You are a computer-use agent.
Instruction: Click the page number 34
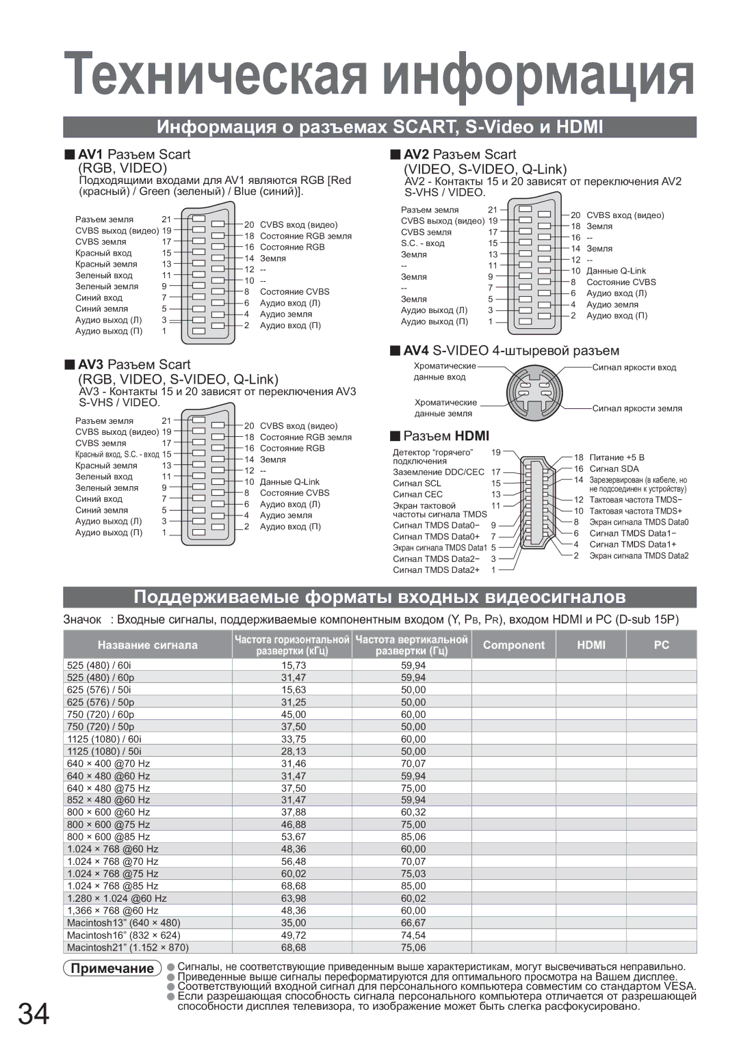[34, 1014]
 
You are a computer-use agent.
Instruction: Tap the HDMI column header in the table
[591, 645]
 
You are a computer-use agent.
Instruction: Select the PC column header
[661, 645]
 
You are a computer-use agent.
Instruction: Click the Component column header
[514, 645]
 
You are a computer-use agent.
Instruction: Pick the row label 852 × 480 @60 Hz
[108, 800]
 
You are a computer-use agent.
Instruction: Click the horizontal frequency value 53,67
[294, 837]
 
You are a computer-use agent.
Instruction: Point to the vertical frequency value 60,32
[413, 812]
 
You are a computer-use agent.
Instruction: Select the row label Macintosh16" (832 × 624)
[124, 935]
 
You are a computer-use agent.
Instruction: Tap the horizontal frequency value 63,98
[294, 898]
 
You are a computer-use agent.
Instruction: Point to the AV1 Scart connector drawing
[207, 273]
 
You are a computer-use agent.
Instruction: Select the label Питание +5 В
[617, 457]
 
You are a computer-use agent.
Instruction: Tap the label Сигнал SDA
[614, 469]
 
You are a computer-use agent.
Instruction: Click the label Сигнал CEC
[417, 494]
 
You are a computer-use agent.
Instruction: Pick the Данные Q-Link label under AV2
[616, 271]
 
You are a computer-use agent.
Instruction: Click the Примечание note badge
[112, 968]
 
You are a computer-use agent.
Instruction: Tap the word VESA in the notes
[679, 986]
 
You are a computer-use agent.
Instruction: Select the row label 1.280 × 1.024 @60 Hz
[117, 898]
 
